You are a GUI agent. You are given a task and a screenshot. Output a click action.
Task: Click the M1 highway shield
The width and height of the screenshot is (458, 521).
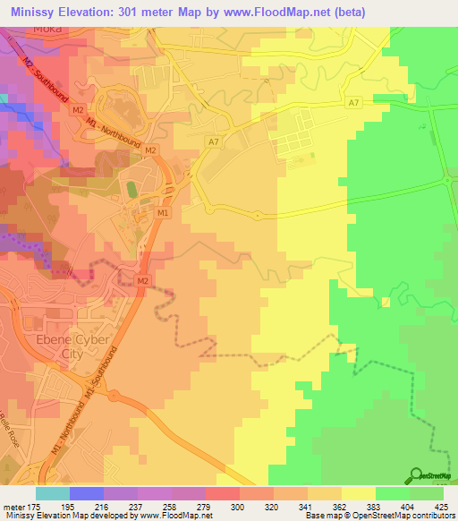tap(163, 213)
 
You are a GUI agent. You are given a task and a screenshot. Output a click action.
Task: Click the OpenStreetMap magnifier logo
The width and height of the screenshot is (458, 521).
tap(416, 475)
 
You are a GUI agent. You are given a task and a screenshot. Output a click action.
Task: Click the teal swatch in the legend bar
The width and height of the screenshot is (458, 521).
tap(53, 493)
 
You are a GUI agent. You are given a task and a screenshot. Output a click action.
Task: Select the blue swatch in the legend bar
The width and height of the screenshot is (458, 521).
tap(87, 493)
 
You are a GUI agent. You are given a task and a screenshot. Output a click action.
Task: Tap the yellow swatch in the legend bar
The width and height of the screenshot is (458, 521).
tap(358, 493)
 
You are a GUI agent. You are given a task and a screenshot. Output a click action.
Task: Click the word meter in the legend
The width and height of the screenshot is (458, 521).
tap(13, 507)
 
